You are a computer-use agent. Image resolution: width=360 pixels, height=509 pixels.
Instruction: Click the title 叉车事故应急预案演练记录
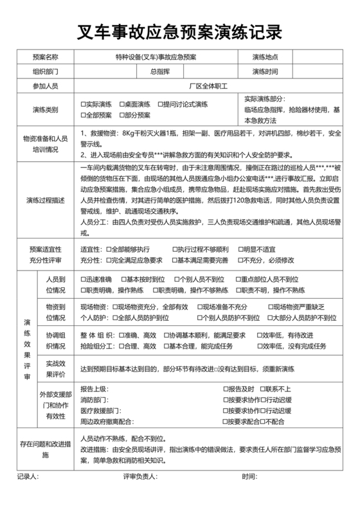pos(179,30)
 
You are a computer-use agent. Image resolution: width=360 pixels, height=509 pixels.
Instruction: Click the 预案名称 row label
pos(45,57)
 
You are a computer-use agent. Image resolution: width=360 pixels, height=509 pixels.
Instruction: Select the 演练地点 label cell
pos(265,57)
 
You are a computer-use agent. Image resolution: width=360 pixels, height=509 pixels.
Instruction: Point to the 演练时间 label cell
pos(265,71)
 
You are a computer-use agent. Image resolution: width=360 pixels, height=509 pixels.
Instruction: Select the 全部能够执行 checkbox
pos(108,249)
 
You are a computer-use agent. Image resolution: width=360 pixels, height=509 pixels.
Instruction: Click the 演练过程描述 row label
pos(45,201)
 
